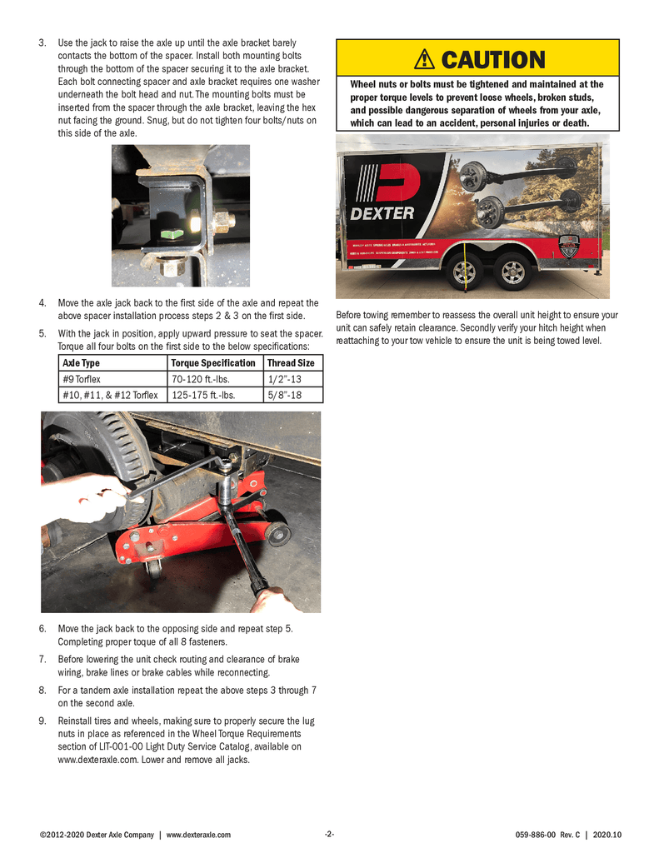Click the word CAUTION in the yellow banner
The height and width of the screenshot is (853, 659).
492,60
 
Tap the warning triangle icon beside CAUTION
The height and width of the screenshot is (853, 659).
425,59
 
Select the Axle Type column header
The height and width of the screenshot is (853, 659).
81,363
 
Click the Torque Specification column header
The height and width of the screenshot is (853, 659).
212,363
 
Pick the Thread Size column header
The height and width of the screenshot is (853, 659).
291,363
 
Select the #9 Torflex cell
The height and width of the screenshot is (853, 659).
82,379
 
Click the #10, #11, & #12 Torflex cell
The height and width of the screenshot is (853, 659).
110,395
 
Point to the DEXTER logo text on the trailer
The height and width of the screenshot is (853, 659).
382,213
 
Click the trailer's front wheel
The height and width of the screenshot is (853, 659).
463,271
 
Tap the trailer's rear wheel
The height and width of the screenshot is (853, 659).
510,271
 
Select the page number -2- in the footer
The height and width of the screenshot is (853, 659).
329,835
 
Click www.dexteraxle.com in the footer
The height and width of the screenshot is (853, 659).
198,835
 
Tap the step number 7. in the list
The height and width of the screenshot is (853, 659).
42,660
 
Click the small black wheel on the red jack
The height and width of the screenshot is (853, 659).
277,534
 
